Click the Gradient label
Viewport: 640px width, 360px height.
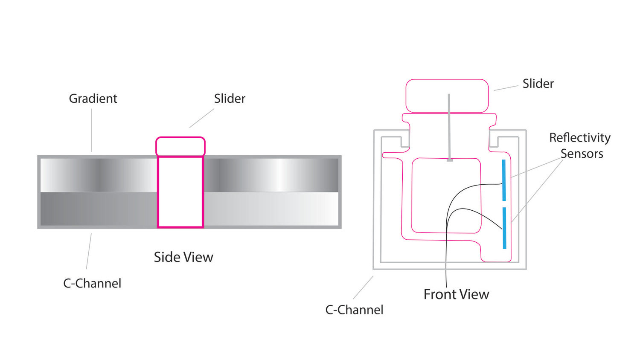93,99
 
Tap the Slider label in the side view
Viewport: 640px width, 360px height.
230,99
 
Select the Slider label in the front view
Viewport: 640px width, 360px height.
538,84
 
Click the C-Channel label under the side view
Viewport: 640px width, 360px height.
92,283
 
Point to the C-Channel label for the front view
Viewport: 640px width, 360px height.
354,310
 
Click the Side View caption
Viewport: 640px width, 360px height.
183,257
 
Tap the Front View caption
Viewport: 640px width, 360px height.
456,294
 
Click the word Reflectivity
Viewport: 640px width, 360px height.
580,138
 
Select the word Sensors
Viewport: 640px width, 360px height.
582,154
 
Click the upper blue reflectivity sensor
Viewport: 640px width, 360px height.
504,180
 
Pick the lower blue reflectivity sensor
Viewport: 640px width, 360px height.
504,228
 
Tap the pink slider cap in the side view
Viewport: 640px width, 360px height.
180,146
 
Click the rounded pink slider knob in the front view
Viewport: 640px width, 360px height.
447,96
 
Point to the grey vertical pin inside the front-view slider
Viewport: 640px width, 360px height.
449,128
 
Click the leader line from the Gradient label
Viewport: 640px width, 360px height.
91,130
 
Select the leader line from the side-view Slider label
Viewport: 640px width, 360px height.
202,118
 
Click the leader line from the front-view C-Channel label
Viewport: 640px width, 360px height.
363,287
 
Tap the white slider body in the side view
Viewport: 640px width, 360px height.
180,192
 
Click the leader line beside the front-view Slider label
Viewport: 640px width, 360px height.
506,88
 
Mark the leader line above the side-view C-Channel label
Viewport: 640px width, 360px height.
89,251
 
